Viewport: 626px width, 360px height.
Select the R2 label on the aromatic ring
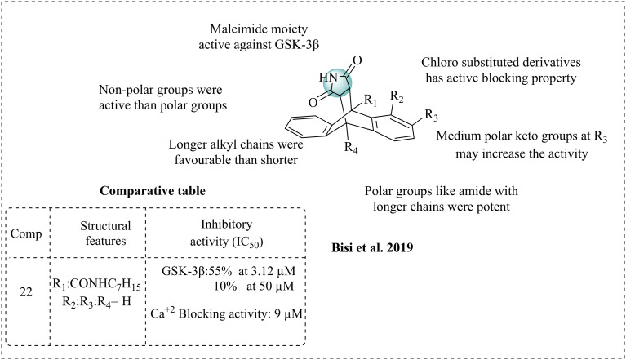coord(397,97)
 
